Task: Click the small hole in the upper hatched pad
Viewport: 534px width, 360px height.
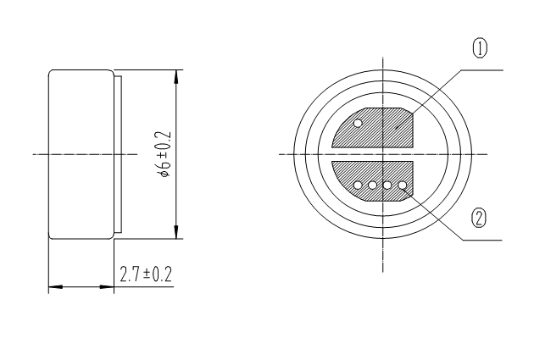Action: [359, 124]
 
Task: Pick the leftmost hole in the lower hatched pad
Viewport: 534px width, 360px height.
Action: [359, 185]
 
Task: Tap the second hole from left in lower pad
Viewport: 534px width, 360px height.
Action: [373, 185]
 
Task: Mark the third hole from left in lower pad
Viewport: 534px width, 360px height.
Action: [387, 185]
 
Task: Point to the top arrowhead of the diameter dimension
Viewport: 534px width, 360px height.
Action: [176, 75]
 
